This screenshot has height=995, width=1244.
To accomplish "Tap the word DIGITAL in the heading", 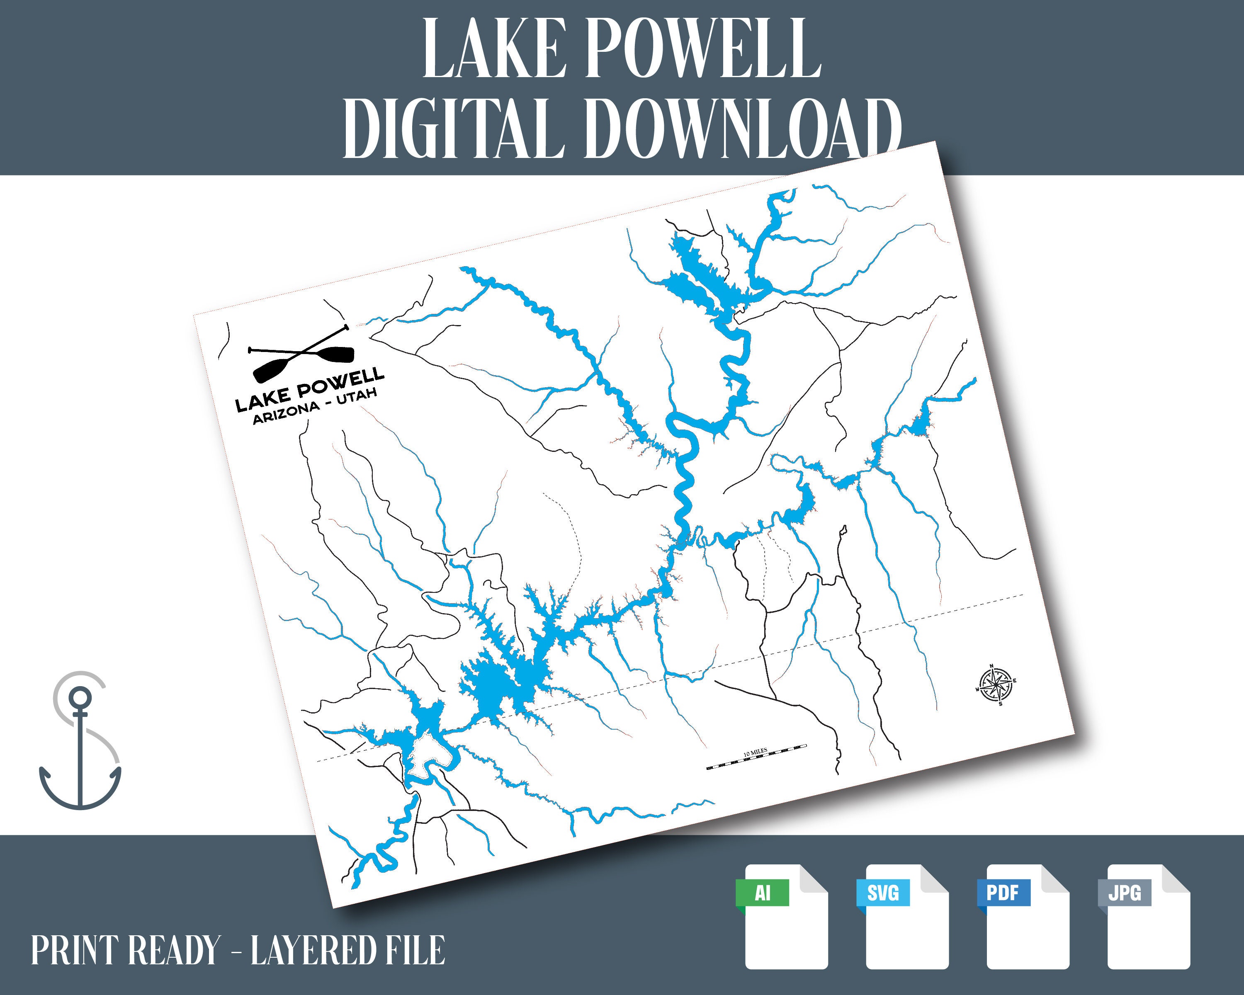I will (453, 128).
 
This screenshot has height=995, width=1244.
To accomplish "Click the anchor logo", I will (80, 741).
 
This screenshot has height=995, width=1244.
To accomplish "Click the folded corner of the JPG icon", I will (1175, 880).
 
